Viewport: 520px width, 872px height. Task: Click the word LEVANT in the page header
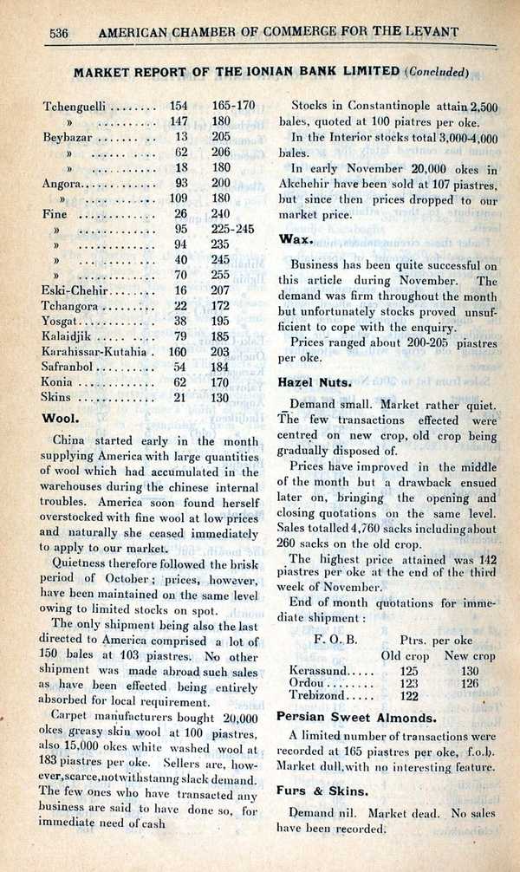(x=431, y=33)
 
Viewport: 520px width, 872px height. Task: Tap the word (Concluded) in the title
(x=438, y=71)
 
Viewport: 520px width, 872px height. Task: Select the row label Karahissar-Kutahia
(x=96, y=352)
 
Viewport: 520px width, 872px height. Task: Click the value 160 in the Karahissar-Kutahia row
(x=178, y=352)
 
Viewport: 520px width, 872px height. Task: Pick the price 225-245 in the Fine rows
(x=232, y=229)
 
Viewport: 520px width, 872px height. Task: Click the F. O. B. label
(x=330, y=640)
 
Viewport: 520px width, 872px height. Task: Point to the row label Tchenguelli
(x=75, y=106)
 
